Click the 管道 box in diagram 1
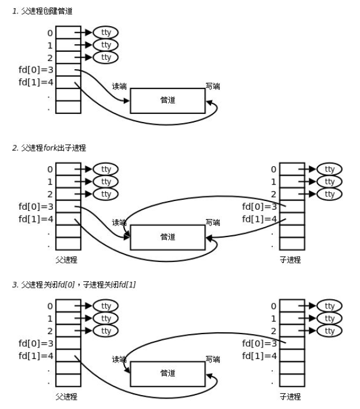pos(167,101)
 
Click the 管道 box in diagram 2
pos(167,237)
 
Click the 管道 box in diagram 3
pos(167,374)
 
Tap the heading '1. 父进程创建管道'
pos(47,12)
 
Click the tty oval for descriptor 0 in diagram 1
pos(106,33)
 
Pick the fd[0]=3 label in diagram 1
pos(36,70)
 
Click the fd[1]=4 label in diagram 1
pos(36,82)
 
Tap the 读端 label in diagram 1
pos(119,87)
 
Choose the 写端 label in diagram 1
pos(213,87)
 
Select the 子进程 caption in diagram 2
pos(290,260)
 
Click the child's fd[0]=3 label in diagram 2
pos(259,206)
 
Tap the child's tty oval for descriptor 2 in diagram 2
pos(330,194)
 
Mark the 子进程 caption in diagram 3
pos(290,396)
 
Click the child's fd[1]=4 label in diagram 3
pos(259,356)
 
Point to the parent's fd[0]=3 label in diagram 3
pos(36,343)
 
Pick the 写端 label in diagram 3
pos(213,360)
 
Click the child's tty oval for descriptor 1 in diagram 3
pos(330,318)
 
